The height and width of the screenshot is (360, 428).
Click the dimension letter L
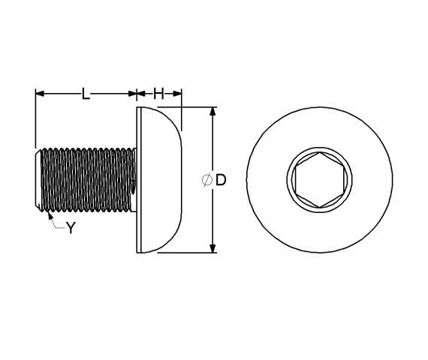tap(86, 94)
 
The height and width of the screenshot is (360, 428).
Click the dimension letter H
tap(158, 94)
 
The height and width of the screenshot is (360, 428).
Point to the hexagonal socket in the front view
tap(318, 180)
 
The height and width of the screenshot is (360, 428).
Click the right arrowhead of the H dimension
tap(178, 94)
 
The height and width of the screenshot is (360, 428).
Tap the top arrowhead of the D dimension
tap(212, 112)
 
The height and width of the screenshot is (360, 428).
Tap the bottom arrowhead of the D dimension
tap(212, 248)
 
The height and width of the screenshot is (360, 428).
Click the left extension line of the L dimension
tap(35, 120)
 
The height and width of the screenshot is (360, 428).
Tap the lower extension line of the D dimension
tap(188, 253)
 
